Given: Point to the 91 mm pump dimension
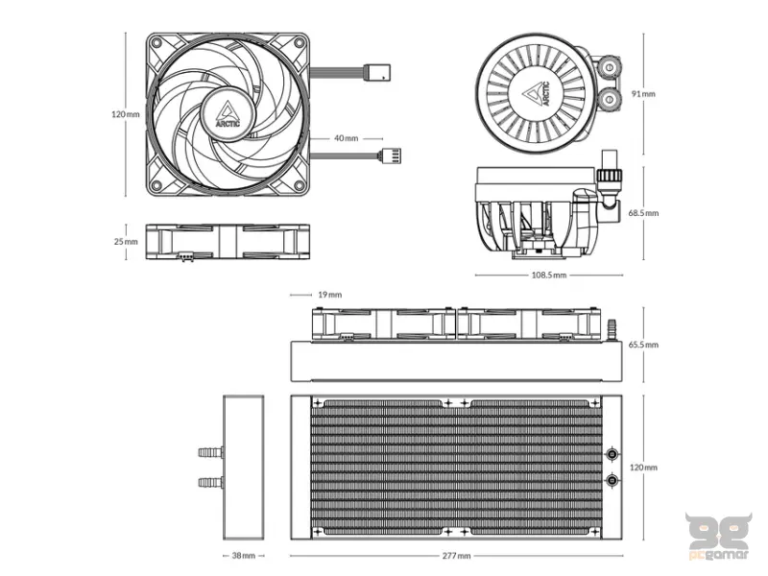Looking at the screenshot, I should point(643,93).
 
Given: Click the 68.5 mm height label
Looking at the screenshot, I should point(643,212).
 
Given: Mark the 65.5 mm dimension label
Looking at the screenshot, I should point(643,344).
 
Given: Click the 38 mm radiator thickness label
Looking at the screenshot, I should point(243,555).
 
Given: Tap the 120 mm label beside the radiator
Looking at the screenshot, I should point(643,468).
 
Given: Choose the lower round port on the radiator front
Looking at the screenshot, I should point(612,480).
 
